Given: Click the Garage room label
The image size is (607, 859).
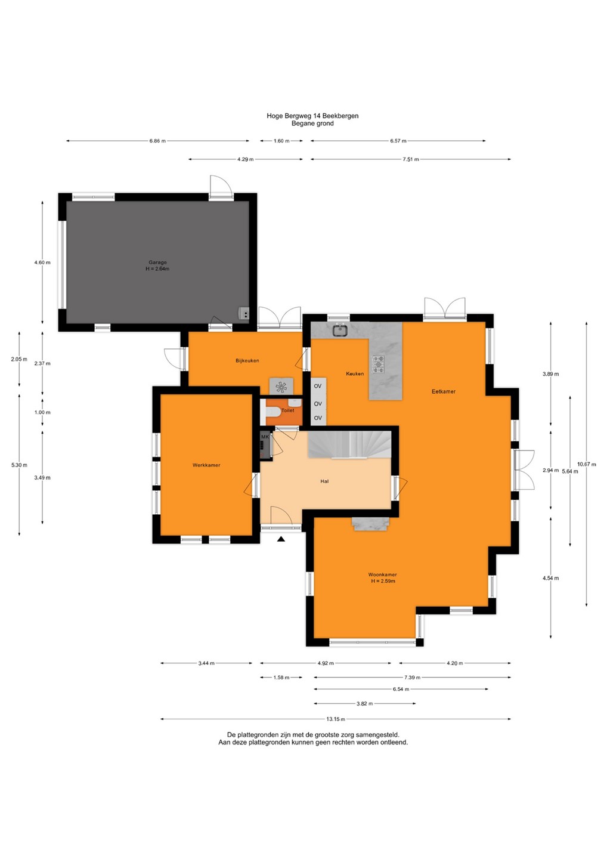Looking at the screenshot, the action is point(158,262).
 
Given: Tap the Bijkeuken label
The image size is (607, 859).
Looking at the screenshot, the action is point(247,360).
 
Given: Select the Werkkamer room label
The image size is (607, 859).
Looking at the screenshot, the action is point(206,465).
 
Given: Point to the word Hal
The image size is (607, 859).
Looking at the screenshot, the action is point(324,481).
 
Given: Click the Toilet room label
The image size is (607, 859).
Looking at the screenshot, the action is point(288,410).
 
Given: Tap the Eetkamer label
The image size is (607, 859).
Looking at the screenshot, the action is point(444,391).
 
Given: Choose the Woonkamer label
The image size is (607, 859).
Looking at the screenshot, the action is point(382,574).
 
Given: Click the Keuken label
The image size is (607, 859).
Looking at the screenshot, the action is point(355,373).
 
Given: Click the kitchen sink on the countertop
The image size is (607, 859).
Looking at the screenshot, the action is point(339,330).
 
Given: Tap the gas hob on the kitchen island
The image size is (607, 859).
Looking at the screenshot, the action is point(378,364).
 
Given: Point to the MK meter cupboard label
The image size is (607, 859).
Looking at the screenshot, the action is point(265,437).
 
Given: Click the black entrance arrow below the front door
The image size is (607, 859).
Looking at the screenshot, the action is point(281,539).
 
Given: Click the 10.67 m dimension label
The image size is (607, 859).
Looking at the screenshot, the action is point(587,464).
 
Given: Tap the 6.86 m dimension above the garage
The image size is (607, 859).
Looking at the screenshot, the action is point(157,141).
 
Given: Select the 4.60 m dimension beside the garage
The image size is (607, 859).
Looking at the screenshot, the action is point(42,262).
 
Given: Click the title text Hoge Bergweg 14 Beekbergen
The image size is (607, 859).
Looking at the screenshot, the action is point(312,116).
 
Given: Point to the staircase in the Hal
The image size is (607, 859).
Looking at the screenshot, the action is point(349,444).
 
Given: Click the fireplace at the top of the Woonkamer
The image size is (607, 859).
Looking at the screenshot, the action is point(370,523).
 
